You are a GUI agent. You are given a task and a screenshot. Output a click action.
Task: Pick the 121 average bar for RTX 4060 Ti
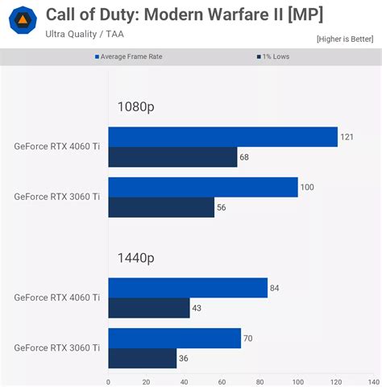click(222, 137)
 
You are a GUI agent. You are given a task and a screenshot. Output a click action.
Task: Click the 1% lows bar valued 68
click(172, 157)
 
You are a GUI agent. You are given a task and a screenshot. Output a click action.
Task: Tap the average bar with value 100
click(202, 187)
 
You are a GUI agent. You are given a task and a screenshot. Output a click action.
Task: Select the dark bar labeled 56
click(161, 207)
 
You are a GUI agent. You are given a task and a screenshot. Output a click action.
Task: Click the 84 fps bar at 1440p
click(188, 288)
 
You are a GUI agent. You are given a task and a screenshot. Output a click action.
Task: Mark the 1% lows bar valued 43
click(149, 308)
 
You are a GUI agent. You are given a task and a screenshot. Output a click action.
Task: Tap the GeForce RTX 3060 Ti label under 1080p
click(57, 197)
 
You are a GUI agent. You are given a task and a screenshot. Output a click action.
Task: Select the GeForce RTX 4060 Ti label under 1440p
click(57, 298)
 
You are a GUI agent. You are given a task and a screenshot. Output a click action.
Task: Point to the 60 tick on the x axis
click(222, 381)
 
